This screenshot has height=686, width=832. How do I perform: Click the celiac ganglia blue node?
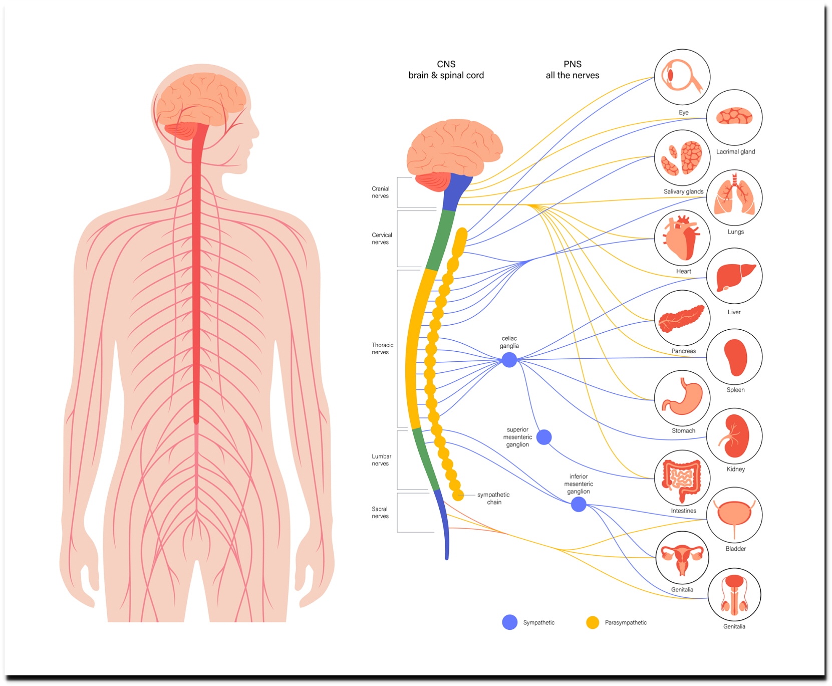point(509,360)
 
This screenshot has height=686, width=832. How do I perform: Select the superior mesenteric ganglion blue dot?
point(544,437)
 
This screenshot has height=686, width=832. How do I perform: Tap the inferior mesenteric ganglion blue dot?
point(579,504)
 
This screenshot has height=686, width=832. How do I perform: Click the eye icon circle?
point(682,77)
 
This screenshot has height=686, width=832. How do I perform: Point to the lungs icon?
point(734,197)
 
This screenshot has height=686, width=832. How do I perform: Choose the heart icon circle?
point(682,238)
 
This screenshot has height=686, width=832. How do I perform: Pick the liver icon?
point(734,276)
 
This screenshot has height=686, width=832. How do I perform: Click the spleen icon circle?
point(734,357)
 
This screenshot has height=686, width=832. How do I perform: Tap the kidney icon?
point(734,436)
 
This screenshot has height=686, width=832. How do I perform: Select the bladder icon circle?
point(734,515)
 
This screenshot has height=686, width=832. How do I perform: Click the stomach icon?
point(682,398)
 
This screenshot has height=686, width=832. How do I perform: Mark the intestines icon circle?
point(682,478)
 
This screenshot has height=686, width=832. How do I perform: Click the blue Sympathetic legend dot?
point(509,622)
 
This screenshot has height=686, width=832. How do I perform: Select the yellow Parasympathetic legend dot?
point(593,622)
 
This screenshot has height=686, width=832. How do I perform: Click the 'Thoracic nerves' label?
point(382,349)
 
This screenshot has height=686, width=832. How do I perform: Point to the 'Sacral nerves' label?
point(380,513)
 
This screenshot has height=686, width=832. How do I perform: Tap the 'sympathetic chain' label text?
point(493,499)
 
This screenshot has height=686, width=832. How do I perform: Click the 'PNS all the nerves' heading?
point(573,70)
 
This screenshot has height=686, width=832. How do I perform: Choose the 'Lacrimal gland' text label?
point(735,152)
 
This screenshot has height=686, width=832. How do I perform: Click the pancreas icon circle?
point(682,318)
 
